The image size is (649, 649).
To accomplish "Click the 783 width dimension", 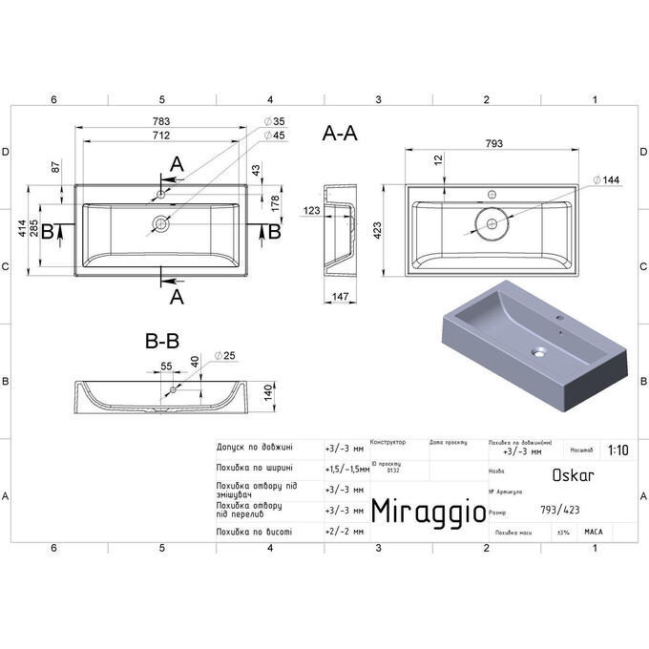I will coord(160,121).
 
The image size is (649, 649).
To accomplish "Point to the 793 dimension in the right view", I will coord(493,143).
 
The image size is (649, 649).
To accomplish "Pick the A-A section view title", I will coord(341,135).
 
